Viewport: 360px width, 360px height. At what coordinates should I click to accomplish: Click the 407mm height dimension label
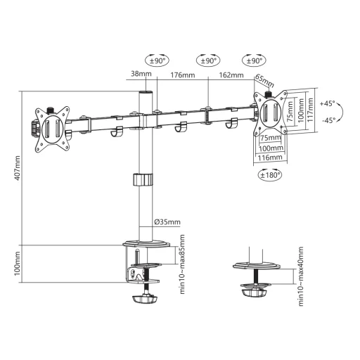click(x=18, y=168)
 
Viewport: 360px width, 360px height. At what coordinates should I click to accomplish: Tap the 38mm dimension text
click(x=141, y=74)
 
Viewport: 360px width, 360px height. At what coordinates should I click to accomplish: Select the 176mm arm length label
click(x=182, y=75)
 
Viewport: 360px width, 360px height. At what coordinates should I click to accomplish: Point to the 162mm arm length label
click(x=231, y=75)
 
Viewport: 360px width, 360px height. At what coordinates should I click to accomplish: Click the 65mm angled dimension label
click(x=264, y=80)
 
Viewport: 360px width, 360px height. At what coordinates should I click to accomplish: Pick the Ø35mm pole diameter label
click(x=167, y=221)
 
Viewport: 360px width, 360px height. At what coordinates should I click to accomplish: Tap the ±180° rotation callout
click(x=270, y=175)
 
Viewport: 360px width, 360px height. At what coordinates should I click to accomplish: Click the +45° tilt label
click(x=328, y=103)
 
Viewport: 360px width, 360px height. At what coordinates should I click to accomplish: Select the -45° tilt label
click(x=328, y=120)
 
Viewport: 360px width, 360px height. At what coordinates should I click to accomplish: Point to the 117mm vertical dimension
click(x=310, y=110)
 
